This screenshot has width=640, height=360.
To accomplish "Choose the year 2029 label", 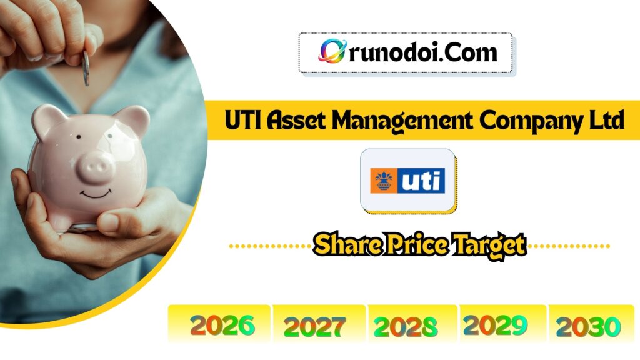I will coord(496,324).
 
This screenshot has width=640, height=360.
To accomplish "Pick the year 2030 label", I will coord(588,326).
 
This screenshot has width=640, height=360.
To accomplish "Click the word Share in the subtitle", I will coord(340,244).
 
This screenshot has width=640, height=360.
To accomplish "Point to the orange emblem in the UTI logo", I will coord(383,180).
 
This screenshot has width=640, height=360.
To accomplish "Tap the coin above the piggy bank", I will coord(86,67).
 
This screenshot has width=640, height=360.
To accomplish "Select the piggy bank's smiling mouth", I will coord(96,194).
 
